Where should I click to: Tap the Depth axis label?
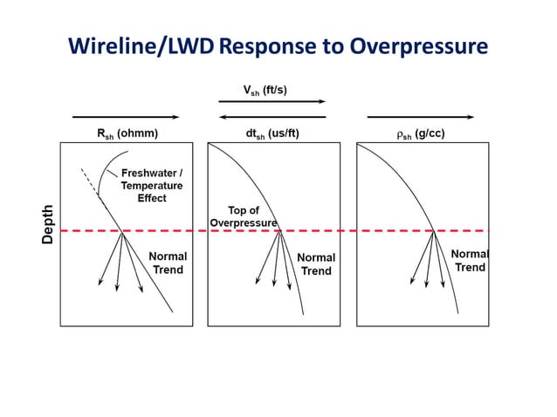point(49,224)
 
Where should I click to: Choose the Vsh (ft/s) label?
point(271,89)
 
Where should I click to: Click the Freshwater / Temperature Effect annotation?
point(152,185)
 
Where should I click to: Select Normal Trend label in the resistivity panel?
point(168,263)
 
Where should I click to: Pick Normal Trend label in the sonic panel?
point(316,264)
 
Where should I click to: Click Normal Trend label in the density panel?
point(469,260)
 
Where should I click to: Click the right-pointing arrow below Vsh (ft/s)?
point(272,102)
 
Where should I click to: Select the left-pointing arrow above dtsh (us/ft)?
point(272,116)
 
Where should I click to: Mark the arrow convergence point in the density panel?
point(435,231)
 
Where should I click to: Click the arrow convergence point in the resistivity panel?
point(121,231)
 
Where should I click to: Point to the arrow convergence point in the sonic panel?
point(278,231)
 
